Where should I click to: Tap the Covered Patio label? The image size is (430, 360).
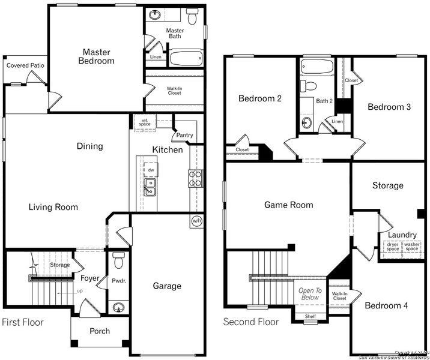(x=25, y=65)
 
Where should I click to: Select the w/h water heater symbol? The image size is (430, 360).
(x=196, y=221)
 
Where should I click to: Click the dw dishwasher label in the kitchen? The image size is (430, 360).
(x=151, y=170)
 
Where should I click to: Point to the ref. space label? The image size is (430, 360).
(x=145, y=122)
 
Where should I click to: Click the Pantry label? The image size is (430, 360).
(x=184, y=135)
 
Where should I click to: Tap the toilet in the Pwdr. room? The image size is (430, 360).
(x=118, y=260)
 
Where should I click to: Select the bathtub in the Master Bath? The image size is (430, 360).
(x=186, y=59)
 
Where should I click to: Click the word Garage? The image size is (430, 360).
(x=167, y=286)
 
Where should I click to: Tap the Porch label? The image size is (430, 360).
(x=100, y=331)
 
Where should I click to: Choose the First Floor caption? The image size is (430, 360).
(x=23, y=322)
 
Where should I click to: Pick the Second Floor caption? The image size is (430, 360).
(x=250, y=322)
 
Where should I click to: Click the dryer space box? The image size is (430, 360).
(x=392, y=247)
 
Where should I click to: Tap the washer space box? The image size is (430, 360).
(x=411, y=247)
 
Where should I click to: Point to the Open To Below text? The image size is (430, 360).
(x=310, y=293)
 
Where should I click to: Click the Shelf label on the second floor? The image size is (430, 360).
(x=310, y=316)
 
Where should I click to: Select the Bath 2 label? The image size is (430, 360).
(x=324, y=100)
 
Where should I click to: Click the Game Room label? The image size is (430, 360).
(x=288, y=205)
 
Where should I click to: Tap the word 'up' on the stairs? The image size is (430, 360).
(x=79, y=291)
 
